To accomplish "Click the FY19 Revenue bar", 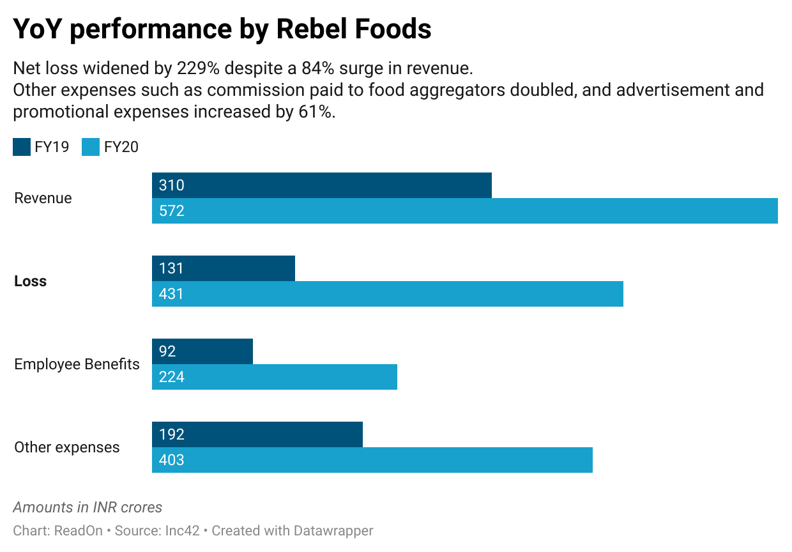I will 322,185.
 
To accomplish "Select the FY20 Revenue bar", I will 464,211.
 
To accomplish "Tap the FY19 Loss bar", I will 224,268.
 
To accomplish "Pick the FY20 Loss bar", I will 387,294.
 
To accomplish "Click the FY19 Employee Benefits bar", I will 202,351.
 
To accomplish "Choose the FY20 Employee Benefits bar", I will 275,377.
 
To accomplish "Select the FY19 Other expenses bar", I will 257,434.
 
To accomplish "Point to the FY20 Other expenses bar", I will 372,460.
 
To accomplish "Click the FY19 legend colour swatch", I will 22,148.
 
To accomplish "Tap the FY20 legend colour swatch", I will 91,148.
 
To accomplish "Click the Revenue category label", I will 43,198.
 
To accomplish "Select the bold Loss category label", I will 30,281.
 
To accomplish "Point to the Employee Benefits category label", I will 77,364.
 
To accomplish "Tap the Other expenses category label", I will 66,447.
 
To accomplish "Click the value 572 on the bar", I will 172,211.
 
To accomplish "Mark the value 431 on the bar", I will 171,294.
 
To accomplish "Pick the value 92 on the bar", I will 167,351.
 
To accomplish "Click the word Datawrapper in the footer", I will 333,530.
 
